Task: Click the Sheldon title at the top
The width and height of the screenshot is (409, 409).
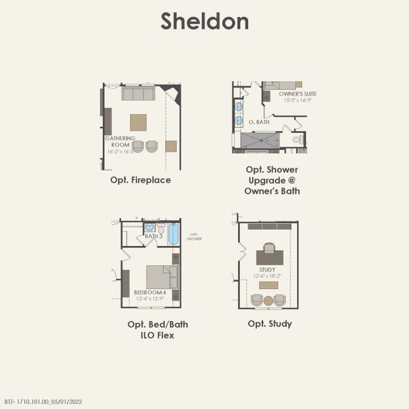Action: point(204,21)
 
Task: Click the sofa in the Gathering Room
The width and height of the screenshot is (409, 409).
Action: point(138,93)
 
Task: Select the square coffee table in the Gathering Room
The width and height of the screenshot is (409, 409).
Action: point(138,122)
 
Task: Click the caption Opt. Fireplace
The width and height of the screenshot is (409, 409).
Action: point(140,181)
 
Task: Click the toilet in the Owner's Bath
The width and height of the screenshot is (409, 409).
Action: point(297,140)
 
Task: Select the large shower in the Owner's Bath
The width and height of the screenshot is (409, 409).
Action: point(260,140)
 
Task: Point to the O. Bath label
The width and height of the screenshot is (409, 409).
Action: point(259,122)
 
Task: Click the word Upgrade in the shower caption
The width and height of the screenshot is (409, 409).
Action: point(273,180)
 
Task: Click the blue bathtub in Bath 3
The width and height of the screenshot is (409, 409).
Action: point(173,234)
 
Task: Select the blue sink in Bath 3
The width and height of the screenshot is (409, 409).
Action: point(149,228)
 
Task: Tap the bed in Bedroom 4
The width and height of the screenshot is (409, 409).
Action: point(161,277)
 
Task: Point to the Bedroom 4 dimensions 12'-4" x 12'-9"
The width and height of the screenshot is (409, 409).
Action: point(149,299)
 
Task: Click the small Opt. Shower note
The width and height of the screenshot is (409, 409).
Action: point(194,237)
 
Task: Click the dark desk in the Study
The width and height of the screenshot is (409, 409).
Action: point(270,257)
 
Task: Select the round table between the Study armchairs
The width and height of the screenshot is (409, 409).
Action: point(269,300)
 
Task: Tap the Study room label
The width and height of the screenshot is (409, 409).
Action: point(267,270)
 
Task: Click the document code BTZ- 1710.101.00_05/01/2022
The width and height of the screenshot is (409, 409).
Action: point(42,402)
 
